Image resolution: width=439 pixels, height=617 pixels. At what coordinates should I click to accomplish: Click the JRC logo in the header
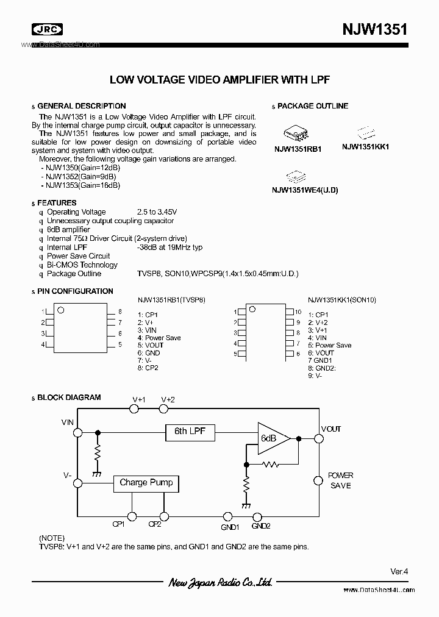[47, 29]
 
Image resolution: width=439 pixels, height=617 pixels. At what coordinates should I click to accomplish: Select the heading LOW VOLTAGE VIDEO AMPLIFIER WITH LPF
[220, 80]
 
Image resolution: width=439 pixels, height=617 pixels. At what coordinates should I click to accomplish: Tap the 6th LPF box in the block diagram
[190, 432]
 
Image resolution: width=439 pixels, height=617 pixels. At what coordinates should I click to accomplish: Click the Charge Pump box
[146, 483]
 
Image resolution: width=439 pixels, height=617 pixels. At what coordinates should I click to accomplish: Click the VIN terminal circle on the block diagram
[77, 432]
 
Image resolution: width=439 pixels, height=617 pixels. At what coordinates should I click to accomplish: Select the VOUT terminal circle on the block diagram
[318, 438]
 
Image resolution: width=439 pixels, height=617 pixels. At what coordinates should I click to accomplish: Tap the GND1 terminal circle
[227, 516]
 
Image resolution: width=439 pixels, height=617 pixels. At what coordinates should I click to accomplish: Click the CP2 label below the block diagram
[155, 524]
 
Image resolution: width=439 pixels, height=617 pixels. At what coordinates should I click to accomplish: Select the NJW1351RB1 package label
[298, 148]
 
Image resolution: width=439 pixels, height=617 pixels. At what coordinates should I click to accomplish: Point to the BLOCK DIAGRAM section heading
[69, 398]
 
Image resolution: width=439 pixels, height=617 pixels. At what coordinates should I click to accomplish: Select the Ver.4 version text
[399, 571]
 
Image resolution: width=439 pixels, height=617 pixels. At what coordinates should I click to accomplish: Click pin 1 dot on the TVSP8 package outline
[60, 310]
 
